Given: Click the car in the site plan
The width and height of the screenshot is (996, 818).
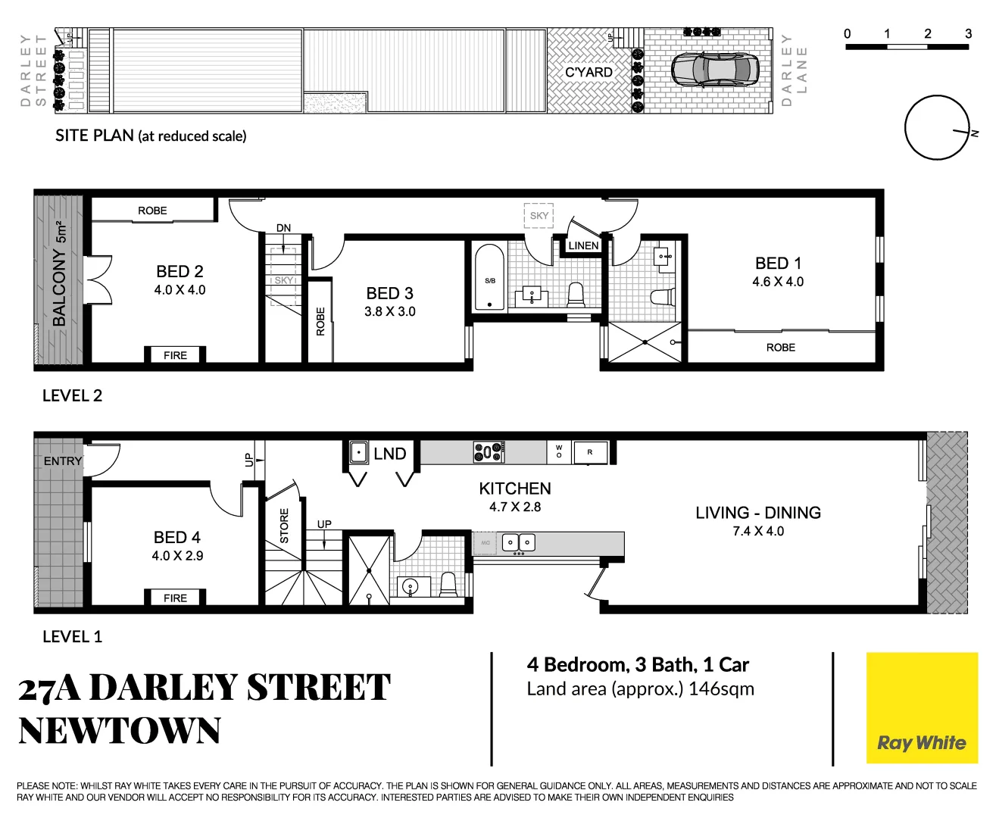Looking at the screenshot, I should [715, 70].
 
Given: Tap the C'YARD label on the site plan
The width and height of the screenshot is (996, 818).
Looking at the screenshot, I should [589, 72].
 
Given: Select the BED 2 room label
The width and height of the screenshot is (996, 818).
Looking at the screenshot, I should [180, 271].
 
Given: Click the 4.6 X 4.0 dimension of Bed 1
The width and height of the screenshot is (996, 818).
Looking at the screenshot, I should [778, 282].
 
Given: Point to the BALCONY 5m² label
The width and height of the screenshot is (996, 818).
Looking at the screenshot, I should [59, 274].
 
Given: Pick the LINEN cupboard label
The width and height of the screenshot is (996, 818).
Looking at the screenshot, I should [583, 245].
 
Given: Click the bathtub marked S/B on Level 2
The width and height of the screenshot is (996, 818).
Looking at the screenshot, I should [489, 278].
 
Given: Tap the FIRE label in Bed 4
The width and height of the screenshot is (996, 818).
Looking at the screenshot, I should [175, 598].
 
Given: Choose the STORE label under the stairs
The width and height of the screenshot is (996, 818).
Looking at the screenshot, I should [284, 526].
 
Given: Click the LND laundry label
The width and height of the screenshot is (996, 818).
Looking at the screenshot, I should [390, 454].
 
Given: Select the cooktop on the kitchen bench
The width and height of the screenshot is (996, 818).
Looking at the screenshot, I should [489, 452].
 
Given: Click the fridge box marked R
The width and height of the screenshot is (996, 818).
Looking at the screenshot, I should [590, 452].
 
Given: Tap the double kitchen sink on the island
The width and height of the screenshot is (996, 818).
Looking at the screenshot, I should [519, 542].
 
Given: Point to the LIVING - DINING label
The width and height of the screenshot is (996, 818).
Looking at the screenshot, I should [758, 513].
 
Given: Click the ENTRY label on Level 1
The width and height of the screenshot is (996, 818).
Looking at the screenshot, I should [62, 461].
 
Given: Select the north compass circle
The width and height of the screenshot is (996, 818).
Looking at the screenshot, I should [937, 127].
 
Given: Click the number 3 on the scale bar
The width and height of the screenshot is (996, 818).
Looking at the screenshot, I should [968, 33].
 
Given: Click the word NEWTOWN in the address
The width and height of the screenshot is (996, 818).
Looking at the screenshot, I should [120, 731].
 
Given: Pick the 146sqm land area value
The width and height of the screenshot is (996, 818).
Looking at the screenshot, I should [721, 689].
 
